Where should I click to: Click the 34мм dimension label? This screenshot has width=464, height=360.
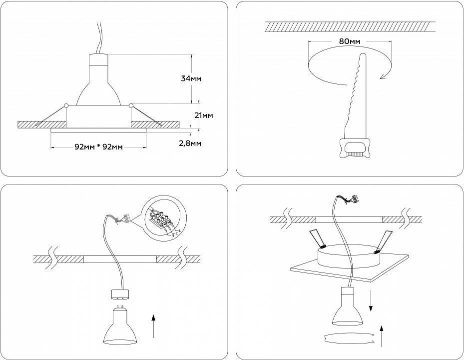click(192, 78)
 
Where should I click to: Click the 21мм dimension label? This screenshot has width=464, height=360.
click(204, 115)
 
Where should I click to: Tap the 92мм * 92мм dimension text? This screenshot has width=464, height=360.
click(98, 147)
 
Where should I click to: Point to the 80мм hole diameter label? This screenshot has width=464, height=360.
click(350, 41)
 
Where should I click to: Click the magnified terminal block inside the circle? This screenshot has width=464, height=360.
click(161, 219)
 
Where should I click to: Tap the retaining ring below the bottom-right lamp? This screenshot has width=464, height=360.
click(349, 338)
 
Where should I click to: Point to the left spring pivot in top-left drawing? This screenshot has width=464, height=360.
click(66, 105)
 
